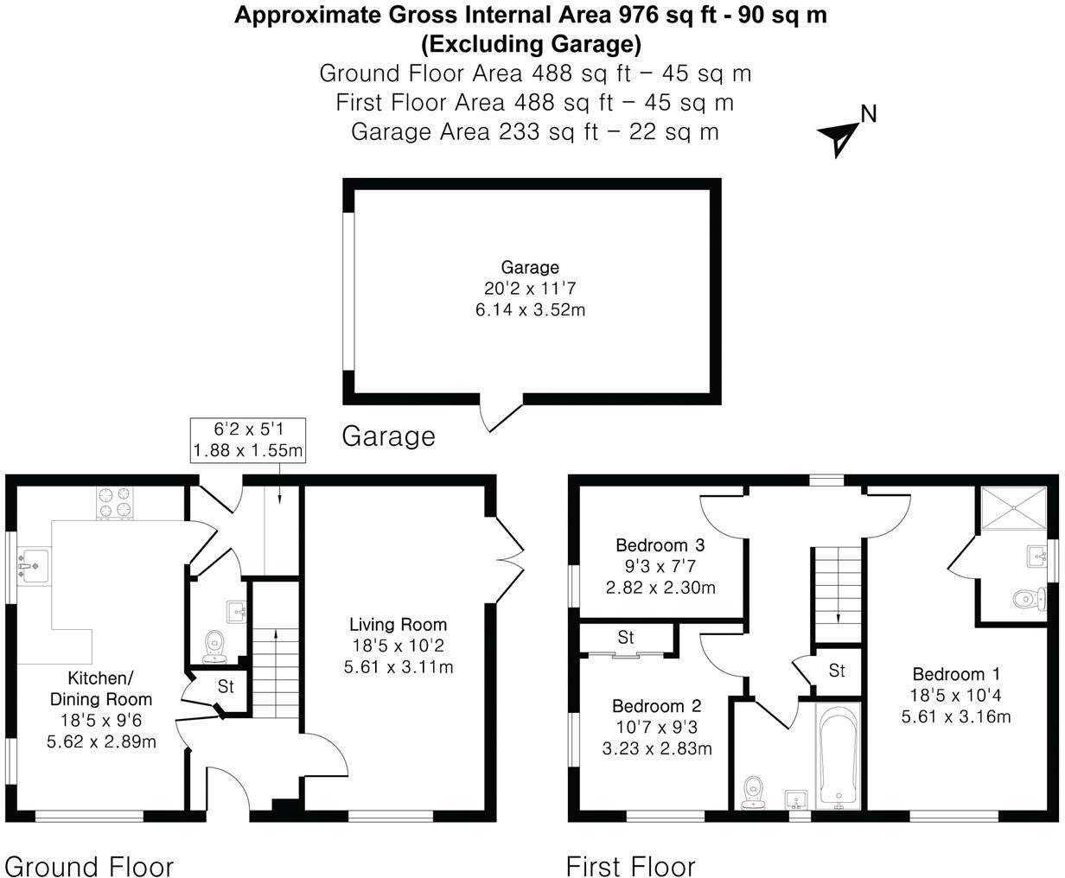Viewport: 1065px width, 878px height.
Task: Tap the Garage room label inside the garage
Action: (530, 268)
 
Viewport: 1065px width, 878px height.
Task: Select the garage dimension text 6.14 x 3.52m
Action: (530, 309)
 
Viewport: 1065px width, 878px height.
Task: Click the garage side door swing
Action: (501, 416)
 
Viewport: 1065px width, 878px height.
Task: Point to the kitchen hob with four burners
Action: (116, 505)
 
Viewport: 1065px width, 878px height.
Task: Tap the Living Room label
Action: (398, 624)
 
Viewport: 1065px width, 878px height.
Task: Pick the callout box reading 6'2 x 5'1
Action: (247, 440)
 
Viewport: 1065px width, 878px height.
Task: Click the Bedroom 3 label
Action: (660, 545)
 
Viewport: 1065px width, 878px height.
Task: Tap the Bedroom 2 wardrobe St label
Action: (626, 638)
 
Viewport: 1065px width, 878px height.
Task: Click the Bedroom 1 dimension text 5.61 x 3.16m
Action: (956, 716)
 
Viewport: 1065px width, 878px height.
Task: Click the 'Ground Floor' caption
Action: (89, 866)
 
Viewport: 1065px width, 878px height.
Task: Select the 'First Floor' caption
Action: (630, 866)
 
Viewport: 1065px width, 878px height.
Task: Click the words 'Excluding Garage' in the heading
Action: (531, 43)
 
